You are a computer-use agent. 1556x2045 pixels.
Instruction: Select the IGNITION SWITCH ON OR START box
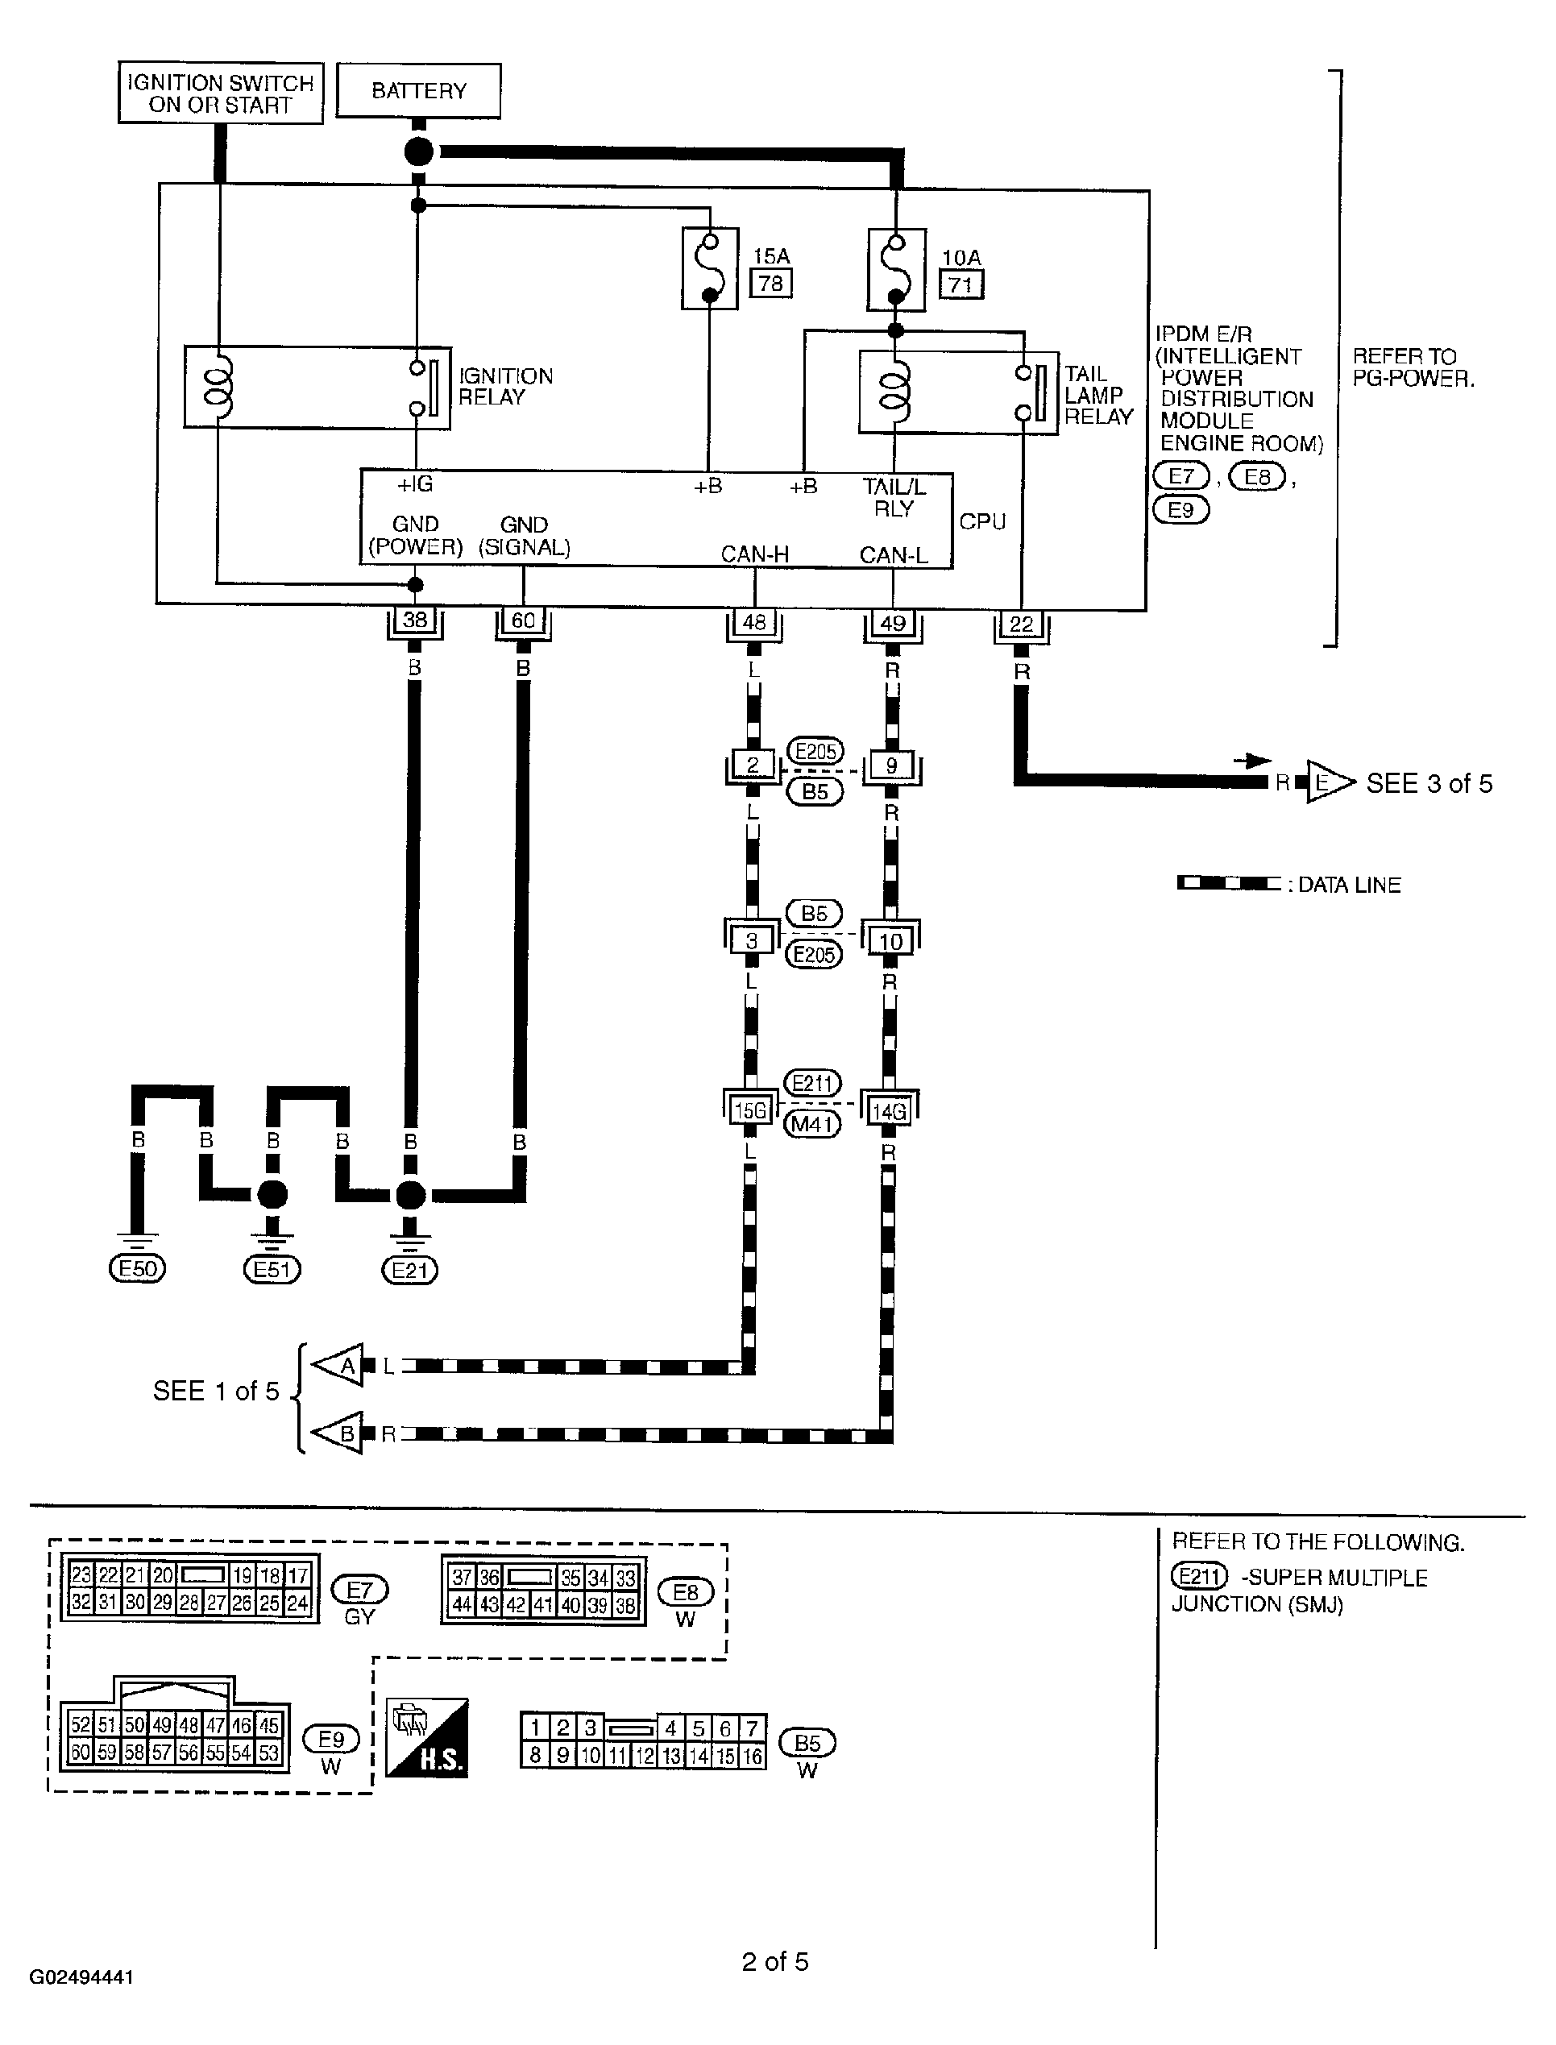pyautogui.click(x=221, y=93)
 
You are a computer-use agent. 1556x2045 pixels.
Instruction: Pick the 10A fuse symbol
pyautogui.click(x=897, y=269)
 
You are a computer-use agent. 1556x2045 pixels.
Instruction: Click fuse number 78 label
pyautogui.click(x=770, y=283)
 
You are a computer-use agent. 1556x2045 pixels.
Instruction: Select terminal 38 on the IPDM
pyautogui.click(x=415, y=620)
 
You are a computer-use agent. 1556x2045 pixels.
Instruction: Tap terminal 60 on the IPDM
pyautogui.click(x=523, y=620)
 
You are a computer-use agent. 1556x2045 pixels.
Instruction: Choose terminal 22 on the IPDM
pyautogui.click(x=1021, y=624)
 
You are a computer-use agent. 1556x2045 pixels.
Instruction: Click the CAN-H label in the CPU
pyautogui.click(x=755, y=554)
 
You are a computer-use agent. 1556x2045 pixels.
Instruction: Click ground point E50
pyautogui.click(x=137, y=1269)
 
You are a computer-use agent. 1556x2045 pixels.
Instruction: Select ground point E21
pyautogui.click(x=409, y=1270)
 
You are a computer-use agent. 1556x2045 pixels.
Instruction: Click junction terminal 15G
pyautogui.click(x=750, y=1110)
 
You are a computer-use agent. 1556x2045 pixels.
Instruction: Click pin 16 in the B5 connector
pyautogui.click(x=752, y=1755)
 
